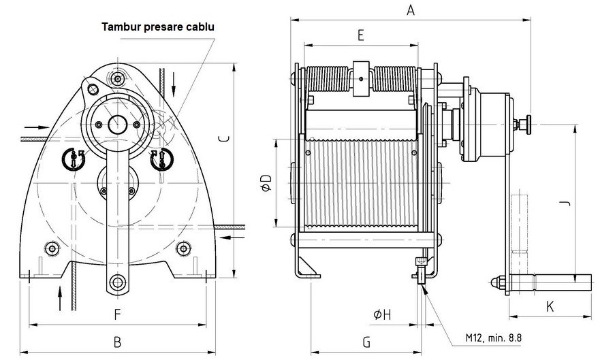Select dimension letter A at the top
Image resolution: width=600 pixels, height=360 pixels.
click(x=410, y=10)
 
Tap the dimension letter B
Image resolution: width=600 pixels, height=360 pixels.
click(x=117, y=340)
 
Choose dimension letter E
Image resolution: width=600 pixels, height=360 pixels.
click(x=361, y=35)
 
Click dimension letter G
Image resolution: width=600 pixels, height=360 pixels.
click(x=366, y=340)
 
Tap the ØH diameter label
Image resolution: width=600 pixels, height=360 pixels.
click(x=382, y=314)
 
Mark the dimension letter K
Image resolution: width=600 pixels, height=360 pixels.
click(x=550, y=307)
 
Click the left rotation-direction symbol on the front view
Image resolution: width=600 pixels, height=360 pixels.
click(x=72, y=159)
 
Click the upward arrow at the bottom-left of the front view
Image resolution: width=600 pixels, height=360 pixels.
click(x=61, y=297)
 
